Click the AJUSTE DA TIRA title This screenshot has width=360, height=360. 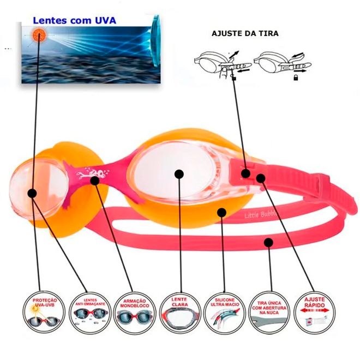[x=245, y=33]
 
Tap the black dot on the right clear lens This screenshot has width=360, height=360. [x=178, y=174]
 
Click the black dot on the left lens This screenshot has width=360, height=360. [x=32, y=193]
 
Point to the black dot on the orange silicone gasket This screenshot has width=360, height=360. [x=221, y=212]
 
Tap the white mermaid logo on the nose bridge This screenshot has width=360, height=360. [x=87, y=175]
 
